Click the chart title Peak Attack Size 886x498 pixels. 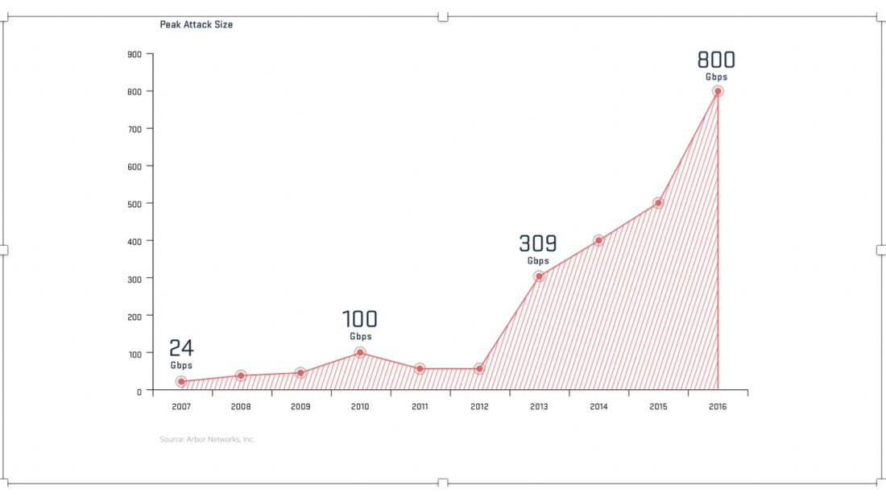[197, 24]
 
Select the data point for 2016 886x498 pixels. [717, 91]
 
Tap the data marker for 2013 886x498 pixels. [539, 276]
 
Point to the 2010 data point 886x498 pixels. [360, 353]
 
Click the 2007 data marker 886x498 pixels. [181, 382]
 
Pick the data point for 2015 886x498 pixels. [658, 203]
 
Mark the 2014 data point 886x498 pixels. [598, 240]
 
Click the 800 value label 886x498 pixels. [716, 60]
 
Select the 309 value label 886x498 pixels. [538, 243]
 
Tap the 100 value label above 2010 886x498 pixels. [360, 319]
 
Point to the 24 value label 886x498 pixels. [181, 348]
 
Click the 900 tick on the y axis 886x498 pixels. [135, 54]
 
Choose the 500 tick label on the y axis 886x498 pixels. [135, 204]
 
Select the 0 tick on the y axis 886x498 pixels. [139, 391]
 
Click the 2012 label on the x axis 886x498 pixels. [479, 407]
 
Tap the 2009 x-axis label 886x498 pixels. [300, 407]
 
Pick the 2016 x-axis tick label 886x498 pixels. [718, 407]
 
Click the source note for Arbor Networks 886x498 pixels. [207, 439]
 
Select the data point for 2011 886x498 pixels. [420, 368]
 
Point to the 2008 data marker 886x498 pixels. [241, 376]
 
